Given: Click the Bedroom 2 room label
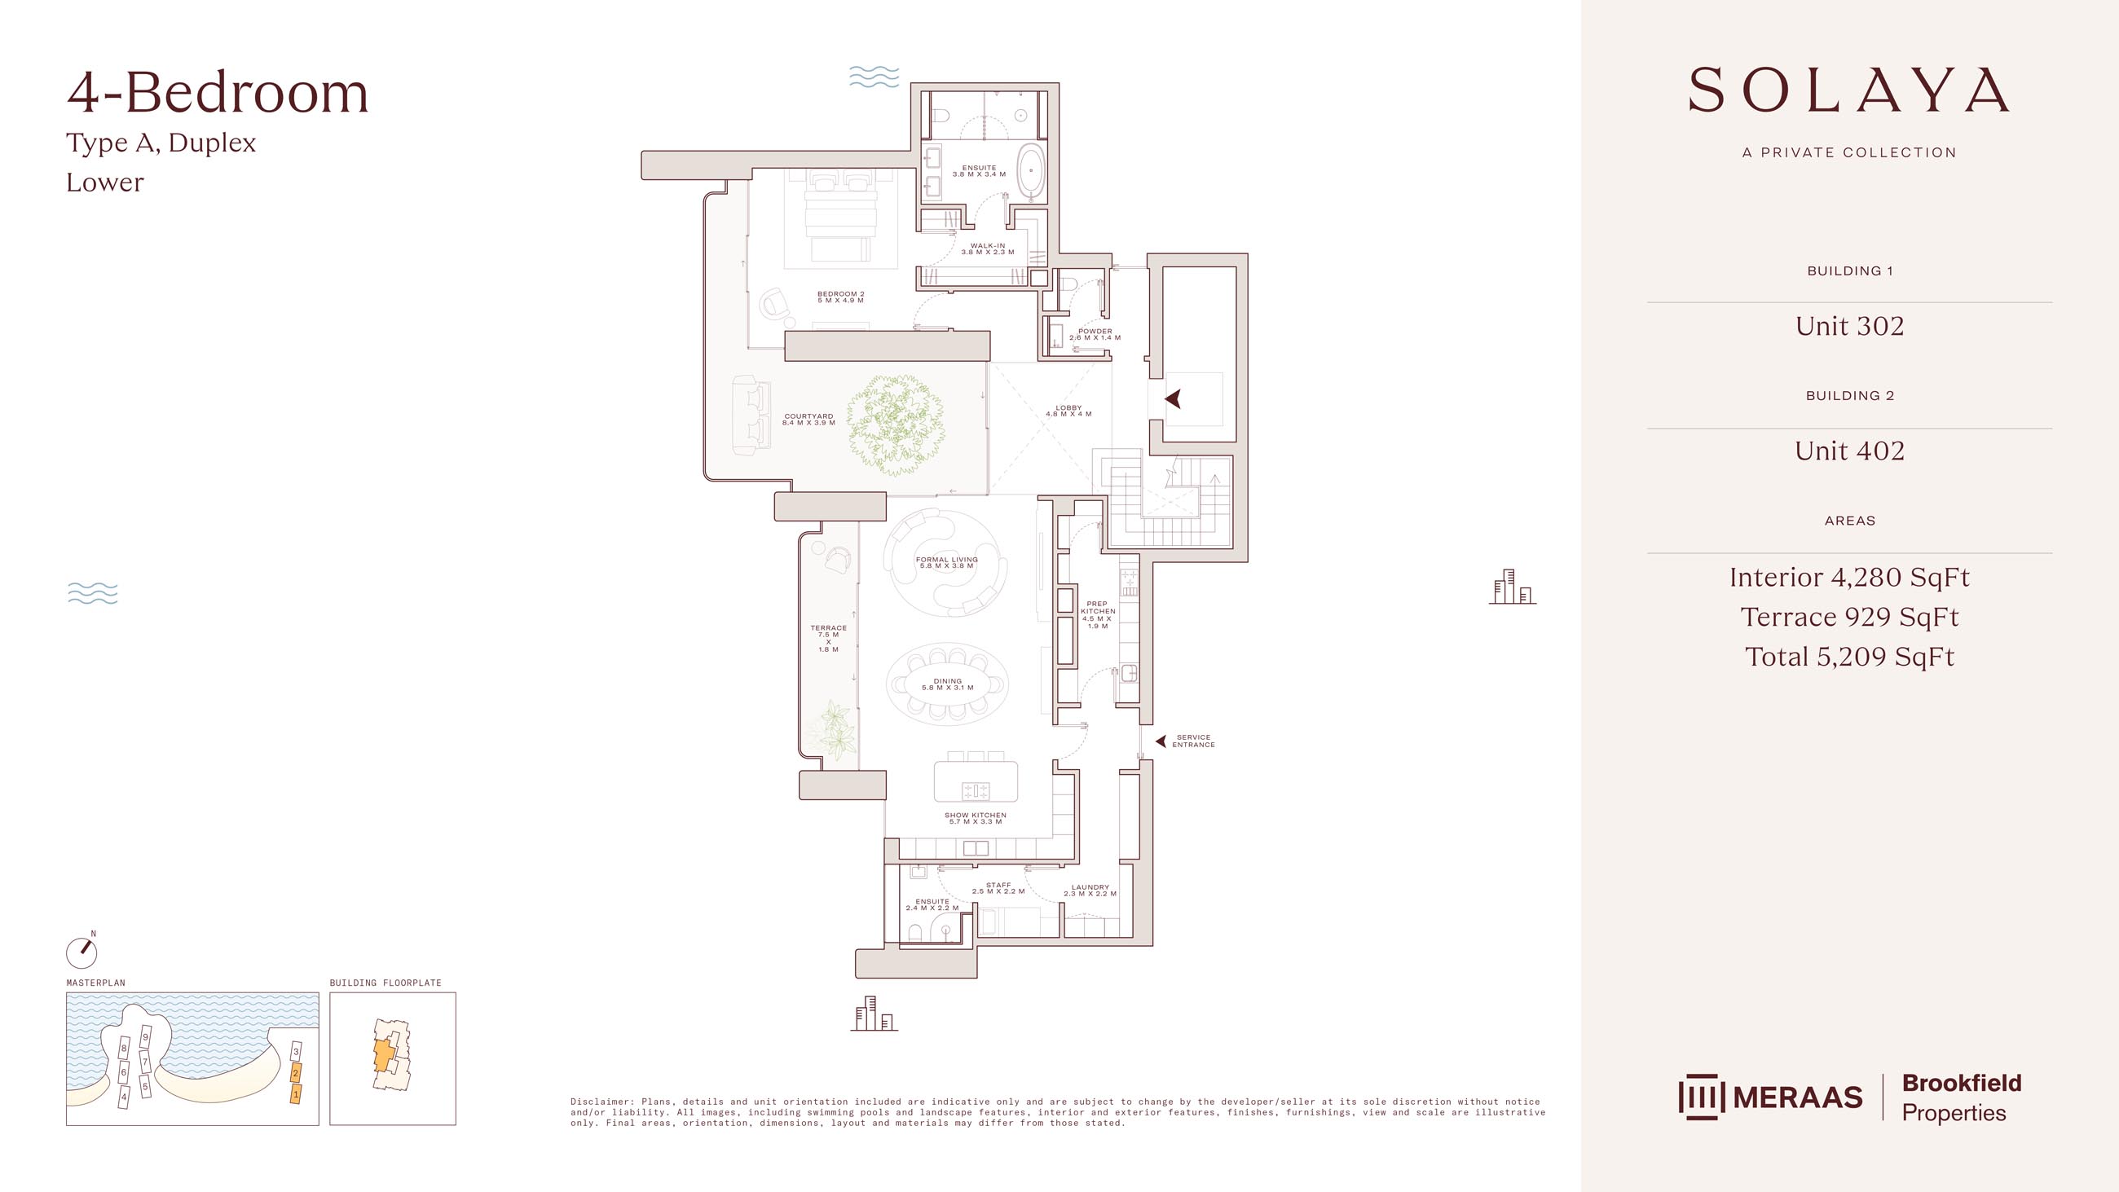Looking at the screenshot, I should [840, 297].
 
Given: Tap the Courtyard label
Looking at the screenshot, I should [808, 420].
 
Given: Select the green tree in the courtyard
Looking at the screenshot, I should [895, 424].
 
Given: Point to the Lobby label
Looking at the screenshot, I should [1068, 411].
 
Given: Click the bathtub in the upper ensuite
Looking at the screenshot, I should [1030, 171].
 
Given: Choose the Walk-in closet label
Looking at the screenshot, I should [987, 249].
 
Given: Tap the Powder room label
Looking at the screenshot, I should [1094, 334].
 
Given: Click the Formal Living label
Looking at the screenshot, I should [946, 563].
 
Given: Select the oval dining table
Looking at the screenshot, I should [948, 684].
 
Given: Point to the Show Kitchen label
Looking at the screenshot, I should [975, 818].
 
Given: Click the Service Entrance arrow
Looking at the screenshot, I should [1161, 741].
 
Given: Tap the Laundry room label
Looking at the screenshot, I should [1089, 890].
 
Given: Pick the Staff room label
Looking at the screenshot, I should [998, 887].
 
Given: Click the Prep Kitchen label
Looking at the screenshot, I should [1097, 614].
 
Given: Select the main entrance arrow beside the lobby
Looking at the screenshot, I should [1174, 399].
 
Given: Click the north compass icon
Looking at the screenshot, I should [81, 952].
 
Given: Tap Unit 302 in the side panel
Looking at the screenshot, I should [1849, 326].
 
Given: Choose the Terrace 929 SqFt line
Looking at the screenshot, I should [1849, 617].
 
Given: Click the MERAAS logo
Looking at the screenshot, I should [1770, 1097].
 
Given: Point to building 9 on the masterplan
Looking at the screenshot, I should [146, 1037].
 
